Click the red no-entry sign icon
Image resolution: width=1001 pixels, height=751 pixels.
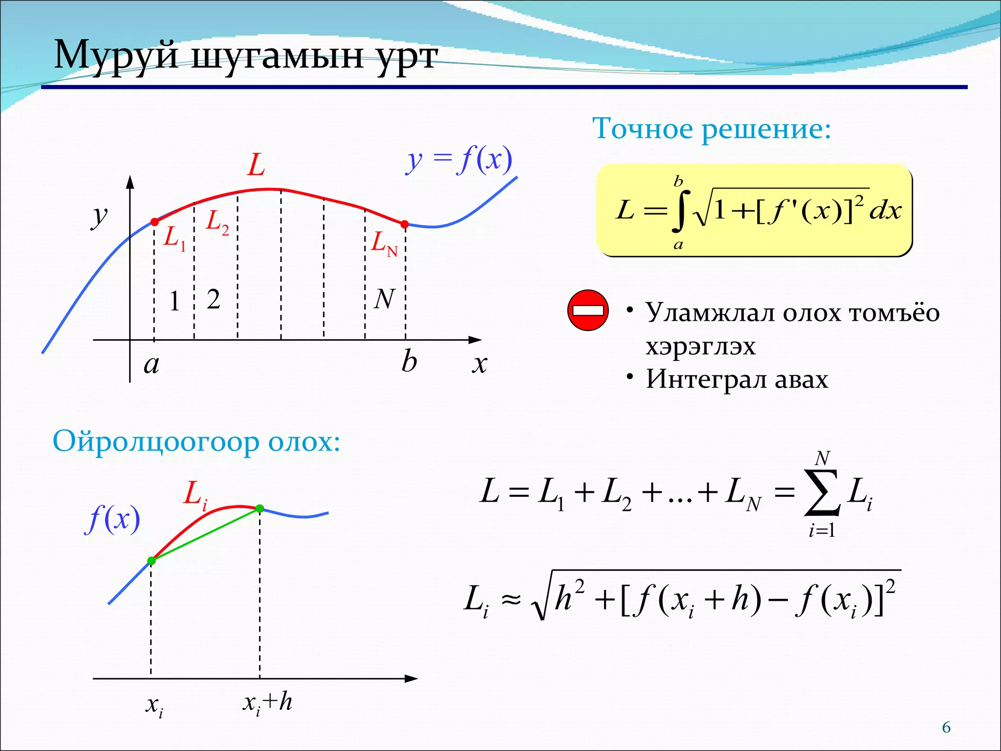pyautogui.click(x=588, y=310)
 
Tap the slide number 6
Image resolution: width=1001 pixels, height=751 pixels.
pyautogui.click(x=946, y=728)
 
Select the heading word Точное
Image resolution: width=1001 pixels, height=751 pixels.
pyautogui.click(x=644, y=129)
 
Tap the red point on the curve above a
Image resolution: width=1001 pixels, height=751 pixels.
pyautogui.click(x=154, y=222)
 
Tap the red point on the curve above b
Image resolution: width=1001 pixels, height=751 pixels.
pyautogui.click(x=405, y=224)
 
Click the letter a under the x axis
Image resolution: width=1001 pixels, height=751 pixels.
pyautogui.click(x=152, y=365)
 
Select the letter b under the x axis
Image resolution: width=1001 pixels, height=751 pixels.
pyautogui.click(x=409, y=362)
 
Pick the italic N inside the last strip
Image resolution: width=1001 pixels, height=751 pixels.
pyautogui.click(x=384, y=299)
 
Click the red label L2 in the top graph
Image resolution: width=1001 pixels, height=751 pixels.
pyautogui.click(x=217, y=222)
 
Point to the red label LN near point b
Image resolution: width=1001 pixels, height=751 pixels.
pyautogui.click(x=384, y=243)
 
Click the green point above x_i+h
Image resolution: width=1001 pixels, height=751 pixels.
pyautogui.click(x=260, y=508)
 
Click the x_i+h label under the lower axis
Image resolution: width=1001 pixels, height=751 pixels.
pyautogui.click(x=267, y=703)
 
